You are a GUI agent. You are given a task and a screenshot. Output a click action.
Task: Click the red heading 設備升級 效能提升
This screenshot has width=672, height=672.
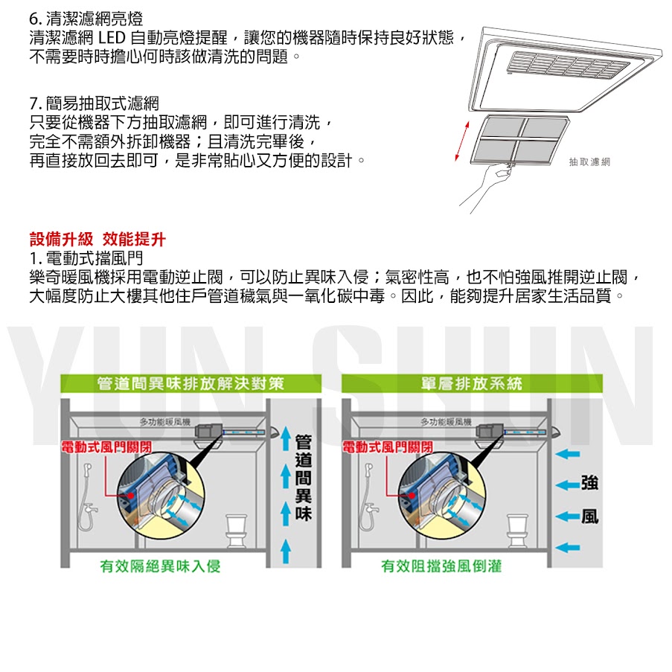97,240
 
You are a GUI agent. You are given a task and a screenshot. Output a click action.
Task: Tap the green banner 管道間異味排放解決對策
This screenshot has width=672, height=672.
191,384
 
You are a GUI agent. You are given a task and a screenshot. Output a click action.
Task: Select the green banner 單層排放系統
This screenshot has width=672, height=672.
472,384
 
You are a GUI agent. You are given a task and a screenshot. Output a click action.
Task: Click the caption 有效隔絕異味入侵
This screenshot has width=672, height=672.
161,567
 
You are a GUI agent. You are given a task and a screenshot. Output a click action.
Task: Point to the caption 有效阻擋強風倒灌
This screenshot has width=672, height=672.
441,567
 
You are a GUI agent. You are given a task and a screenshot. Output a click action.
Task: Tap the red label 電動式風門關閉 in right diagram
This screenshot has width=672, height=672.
387,447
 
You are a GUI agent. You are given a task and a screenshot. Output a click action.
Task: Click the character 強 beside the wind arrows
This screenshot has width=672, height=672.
589,482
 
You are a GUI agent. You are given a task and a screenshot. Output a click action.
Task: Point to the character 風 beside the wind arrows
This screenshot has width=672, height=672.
589,516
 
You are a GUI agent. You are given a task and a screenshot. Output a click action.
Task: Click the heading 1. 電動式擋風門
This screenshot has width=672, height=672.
86,259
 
